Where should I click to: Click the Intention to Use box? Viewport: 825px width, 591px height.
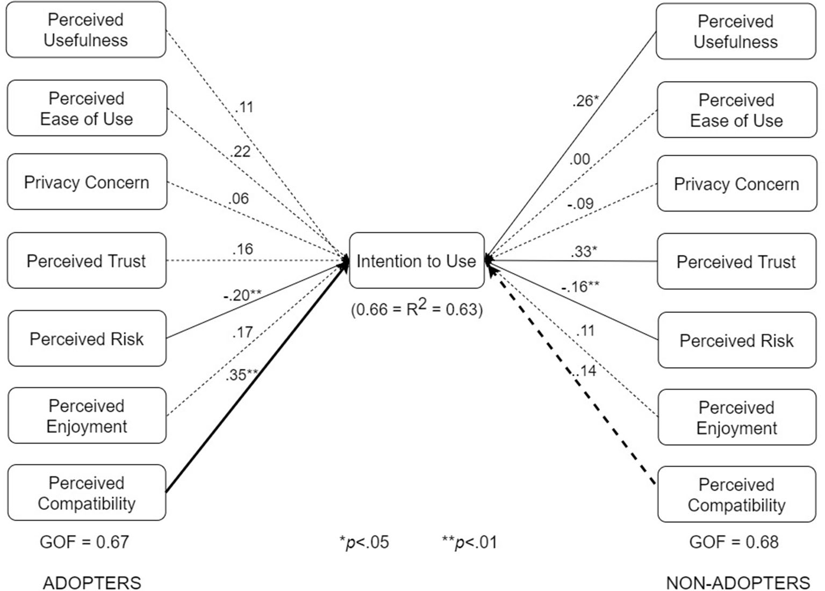click(x=417, y=261)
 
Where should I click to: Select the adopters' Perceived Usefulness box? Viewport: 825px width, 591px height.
click(x=86, y=30)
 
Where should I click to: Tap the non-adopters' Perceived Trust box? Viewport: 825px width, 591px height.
click(x=736, y=262)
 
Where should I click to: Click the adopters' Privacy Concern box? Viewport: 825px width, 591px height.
click(x=87, y=182)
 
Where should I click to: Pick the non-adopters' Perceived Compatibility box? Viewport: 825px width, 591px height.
click(x=736, y=494)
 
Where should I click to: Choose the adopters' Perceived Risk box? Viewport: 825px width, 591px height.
click(x=87, y=339)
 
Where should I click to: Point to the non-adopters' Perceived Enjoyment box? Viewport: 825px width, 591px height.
click(x=736, y=418)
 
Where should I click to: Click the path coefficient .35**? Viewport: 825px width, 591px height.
click(x=242, y=374)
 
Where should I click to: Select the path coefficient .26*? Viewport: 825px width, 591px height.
click(x=585, y=100)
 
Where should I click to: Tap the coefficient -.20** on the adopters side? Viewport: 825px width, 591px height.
click(x=242, y=295)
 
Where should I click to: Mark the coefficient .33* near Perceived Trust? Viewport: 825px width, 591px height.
click(x=584, y=251)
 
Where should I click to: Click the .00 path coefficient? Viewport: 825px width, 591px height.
click(x=580, y=159)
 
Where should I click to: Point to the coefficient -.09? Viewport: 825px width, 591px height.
click(x=580, y=204)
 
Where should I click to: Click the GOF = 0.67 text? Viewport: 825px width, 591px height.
click(x=84, y=542)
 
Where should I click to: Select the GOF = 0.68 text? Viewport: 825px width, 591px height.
click(x=734, y=542)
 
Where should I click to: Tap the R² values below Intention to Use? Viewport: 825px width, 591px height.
click(x=417, y=309)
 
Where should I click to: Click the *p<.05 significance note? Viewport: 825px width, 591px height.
click(x=364, y=543)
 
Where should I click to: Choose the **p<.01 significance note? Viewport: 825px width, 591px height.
click(x=469, y=543)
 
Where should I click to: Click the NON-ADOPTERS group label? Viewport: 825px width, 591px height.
click(x=737, y=582)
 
